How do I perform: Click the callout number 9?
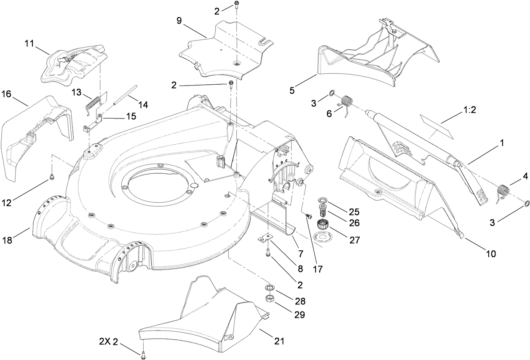(x=179, y=21)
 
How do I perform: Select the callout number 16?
(x=6, y=93)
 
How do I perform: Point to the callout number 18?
(x=8, y=241)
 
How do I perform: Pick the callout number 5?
(x=292, y=90)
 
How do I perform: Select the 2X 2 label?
(x=107, y=340)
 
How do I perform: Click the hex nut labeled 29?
(x=270, y=299)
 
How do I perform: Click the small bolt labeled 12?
(x=51, y=177)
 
